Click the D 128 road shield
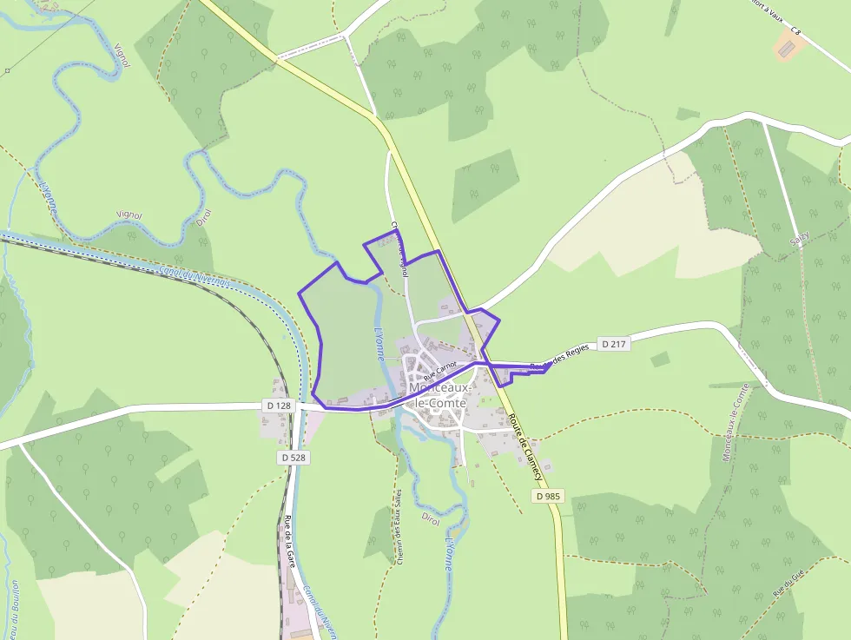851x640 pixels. coord(279,406)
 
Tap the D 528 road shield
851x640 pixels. coord(294,457)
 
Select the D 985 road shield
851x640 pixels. coord(549,496)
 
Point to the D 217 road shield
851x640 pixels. coord(613,344)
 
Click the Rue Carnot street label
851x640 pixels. coord(439,372)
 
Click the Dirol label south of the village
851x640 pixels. coord(431,518)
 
